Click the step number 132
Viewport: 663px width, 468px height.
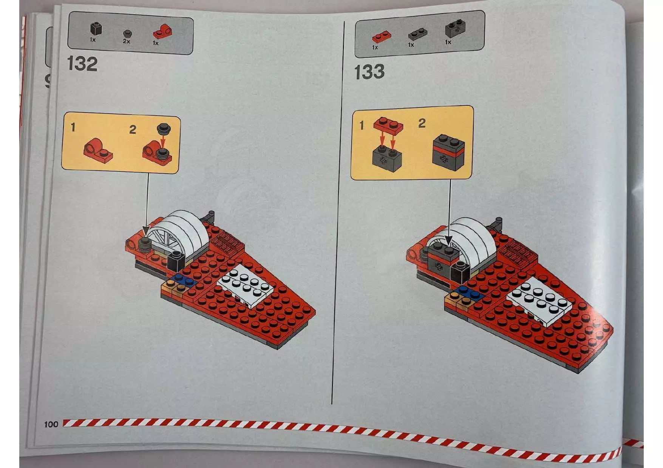click(x=82, y=64)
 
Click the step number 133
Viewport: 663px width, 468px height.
click(x=369, y=72)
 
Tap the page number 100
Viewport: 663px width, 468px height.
click(x=51, y=424)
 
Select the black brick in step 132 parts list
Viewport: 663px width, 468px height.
click(x=96, y=29)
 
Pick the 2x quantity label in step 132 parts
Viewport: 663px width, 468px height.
click(x=126, y=41)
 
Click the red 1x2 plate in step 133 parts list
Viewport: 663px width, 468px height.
click(x=382, y=37)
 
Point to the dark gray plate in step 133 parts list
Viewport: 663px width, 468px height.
click(x=418, y=35)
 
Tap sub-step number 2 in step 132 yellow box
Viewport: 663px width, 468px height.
click(x=133, y=130)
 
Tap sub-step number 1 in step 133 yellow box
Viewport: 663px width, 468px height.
click(x=362, y=125)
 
